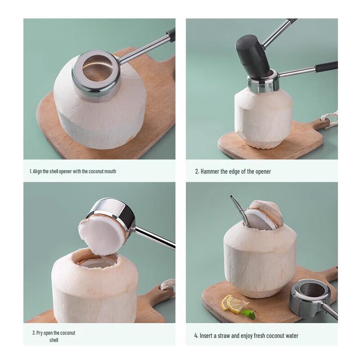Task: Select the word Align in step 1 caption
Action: [38, 171]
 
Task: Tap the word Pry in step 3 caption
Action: [40, 333]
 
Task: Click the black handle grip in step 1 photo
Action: [171, 34]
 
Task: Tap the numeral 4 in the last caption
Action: [196, 336]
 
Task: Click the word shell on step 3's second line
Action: [54, 340]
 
